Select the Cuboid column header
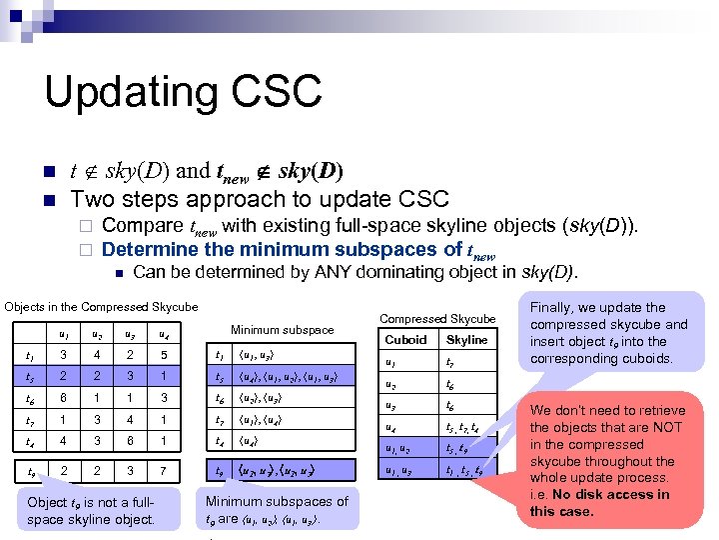point(405,339)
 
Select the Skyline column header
point(467,339)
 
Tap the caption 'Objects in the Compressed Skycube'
point(101,306)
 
